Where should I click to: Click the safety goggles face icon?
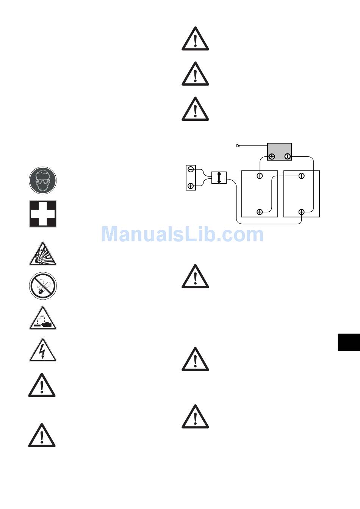(43, 181)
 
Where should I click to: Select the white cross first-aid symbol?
(43, 214)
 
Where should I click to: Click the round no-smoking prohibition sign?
(43, 286)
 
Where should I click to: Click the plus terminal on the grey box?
(272, 156)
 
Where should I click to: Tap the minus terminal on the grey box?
(287, 156)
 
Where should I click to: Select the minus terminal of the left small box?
(191, 169)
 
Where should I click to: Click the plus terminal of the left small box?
(191, 186)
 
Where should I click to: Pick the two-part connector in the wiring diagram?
(219, 178)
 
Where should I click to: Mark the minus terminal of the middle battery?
(260, 176)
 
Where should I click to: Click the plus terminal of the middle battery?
(260, 212)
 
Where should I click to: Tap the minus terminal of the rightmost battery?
(301, 176)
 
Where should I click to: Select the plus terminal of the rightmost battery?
(301, 212)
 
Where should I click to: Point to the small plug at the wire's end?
(238, 145)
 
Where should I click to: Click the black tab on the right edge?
(349, 342)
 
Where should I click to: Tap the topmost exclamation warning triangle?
(195, 39)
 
